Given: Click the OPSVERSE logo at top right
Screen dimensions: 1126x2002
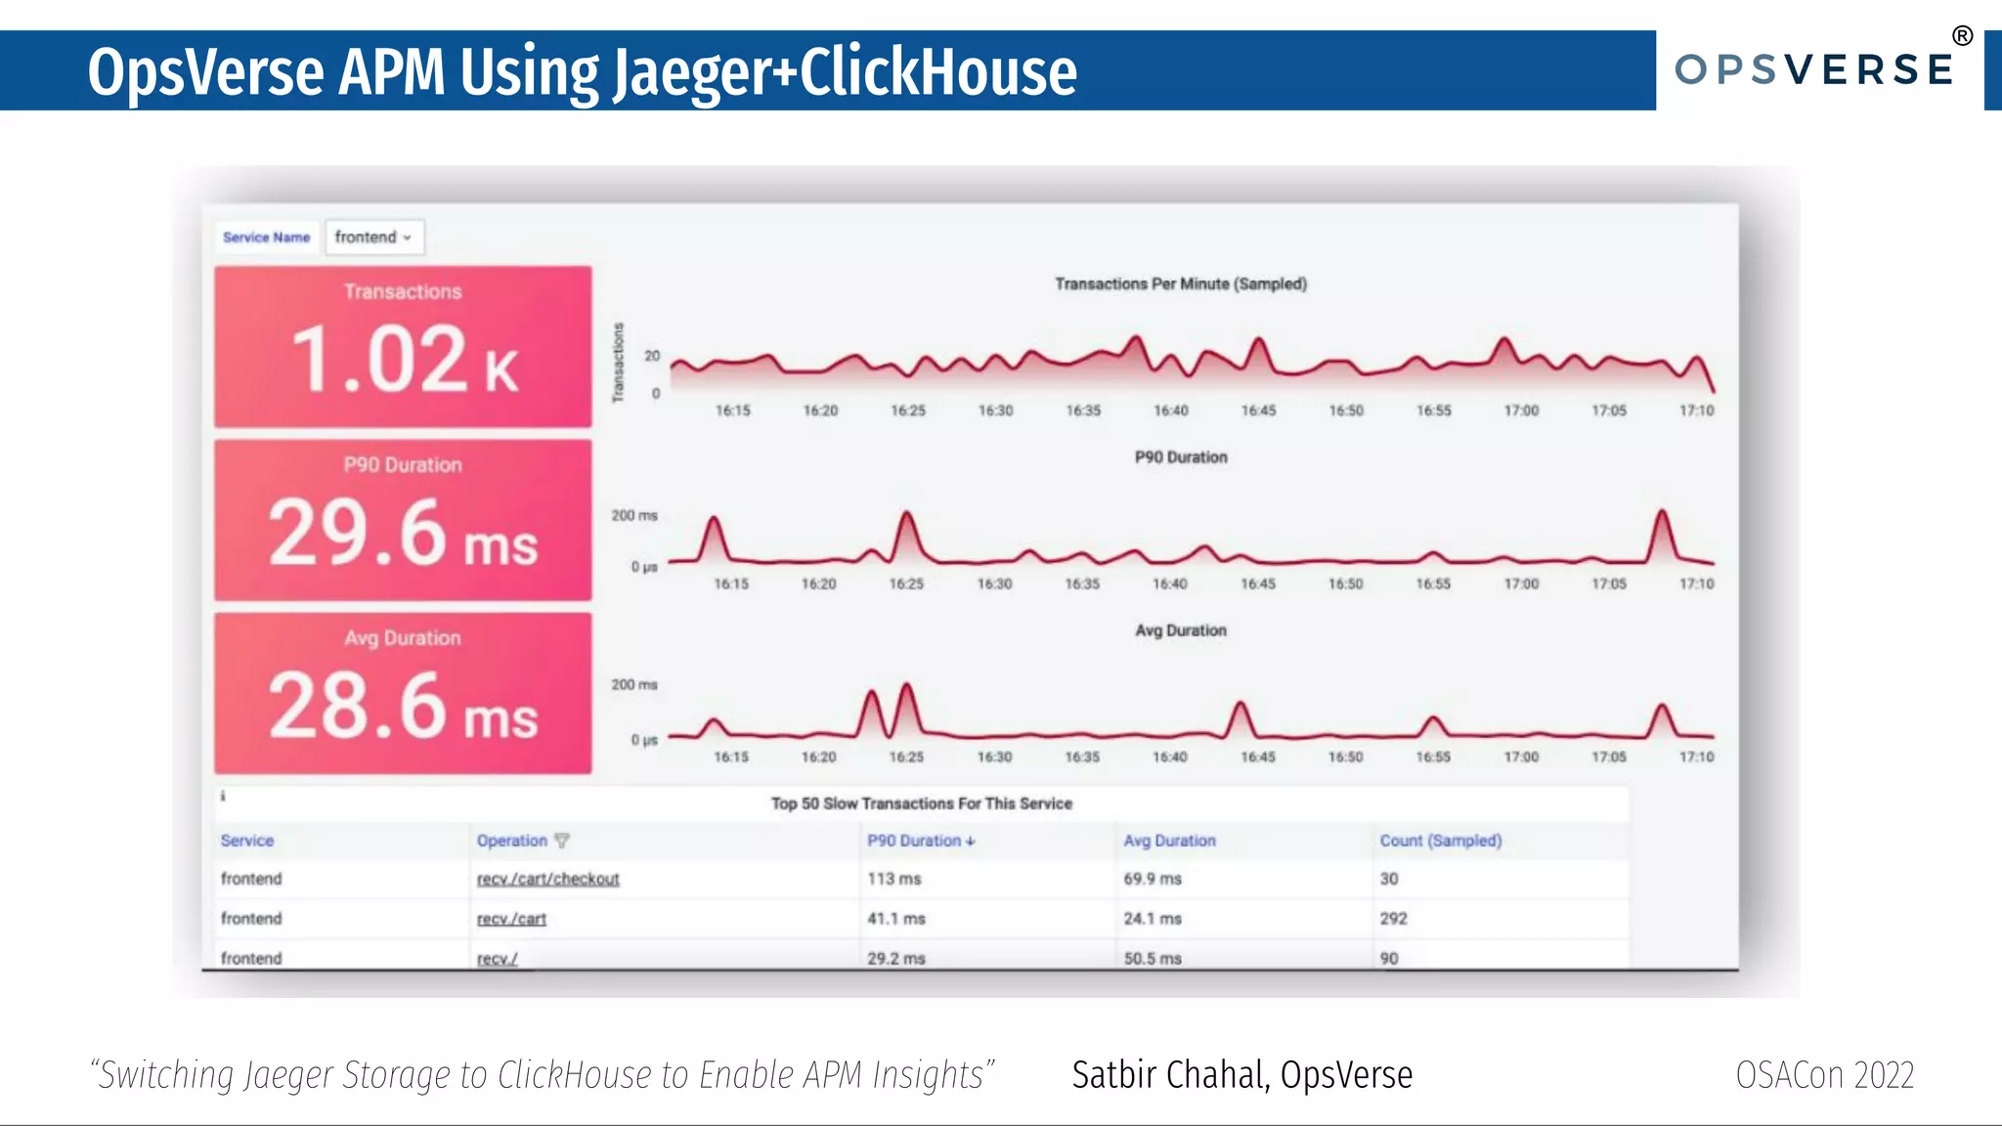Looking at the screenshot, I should point(1814,69).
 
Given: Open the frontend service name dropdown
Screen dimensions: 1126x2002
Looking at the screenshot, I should point(373,238).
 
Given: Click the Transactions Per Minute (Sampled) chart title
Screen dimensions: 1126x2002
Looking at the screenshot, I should point(1180,284).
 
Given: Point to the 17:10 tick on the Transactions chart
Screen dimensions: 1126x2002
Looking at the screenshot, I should point(1696,411).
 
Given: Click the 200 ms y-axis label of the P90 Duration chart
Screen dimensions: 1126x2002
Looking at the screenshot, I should point(634,515).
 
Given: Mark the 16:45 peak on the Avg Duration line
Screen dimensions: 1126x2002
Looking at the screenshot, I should point(1240,705).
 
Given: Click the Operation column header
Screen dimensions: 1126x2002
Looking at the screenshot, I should point(512,841).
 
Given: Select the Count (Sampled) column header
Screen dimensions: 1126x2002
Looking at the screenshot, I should point(1440,841).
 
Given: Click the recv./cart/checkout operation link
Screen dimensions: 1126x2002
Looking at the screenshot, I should point(547,879).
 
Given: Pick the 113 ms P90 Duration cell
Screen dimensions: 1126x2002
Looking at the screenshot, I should point(893,879).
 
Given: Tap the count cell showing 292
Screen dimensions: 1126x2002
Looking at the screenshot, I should point(1393,919).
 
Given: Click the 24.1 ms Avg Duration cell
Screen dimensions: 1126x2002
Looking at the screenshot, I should point(1152,919).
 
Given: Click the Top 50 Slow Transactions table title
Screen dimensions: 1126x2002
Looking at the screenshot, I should point(921,803).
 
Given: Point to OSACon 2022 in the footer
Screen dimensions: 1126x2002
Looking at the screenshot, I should point(1824,1075).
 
